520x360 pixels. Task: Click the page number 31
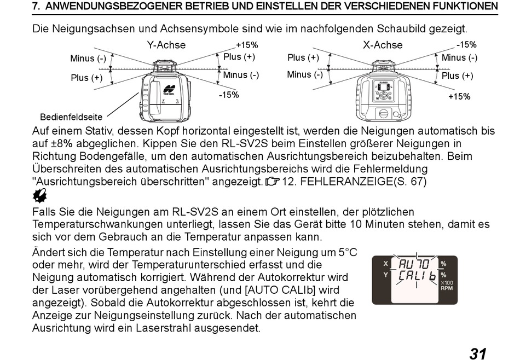[x=478, y=353]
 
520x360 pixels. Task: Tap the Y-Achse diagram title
[x=166, y=45]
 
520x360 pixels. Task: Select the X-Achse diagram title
[x=383, y=45]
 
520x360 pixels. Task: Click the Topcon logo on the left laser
[x=169, y=90]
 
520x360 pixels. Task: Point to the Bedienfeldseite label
[x=71, y=117]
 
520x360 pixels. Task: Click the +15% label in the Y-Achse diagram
[x=247, y=45]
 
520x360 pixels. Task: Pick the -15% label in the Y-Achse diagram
[x=229, y=95]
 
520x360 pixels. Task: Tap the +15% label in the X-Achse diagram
[x=459, y=96]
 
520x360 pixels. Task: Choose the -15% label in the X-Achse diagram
[x=466, y=45]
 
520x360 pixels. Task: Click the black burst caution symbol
[x=40, y=196]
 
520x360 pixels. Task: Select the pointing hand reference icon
[x=273, y=182]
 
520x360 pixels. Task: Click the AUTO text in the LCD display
[x=414, y=264]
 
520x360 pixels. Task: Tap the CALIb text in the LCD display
[x=417, y=275]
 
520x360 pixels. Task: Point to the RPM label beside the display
[x=447, y=288]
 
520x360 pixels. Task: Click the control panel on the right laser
[x=383, y=90]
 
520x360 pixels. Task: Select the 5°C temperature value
[x=348, y=252]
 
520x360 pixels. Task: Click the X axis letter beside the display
[x=386, y=264]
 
